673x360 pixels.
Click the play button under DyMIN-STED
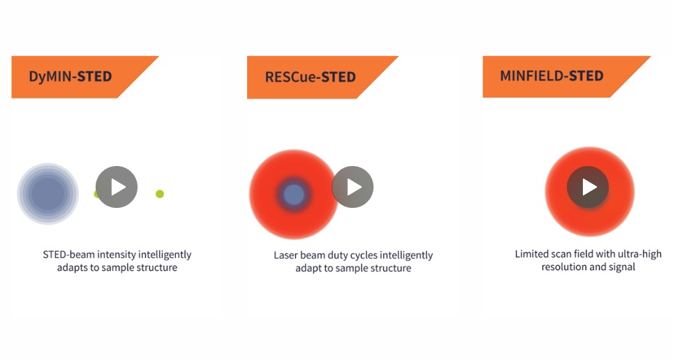pos(117,187)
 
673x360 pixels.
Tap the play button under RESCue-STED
pos(353,187)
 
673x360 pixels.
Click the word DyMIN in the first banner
pos(51,77)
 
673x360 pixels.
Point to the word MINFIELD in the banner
pos(532,76)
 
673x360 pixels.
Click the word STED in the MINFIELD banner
pos(586,76)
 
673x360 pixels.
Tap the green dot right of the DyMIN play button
pos(160,194)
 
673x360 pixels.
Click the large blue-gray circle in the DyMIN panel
pos(47,193)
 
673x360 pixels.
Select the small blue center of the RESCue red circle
pos(294,195)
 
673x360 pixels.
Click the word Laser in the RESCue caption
pos(286,255)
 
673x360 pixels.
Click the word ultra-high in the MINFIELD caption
pos(640,255)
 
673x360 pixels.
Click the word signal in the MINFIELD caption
pos(622,267)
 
